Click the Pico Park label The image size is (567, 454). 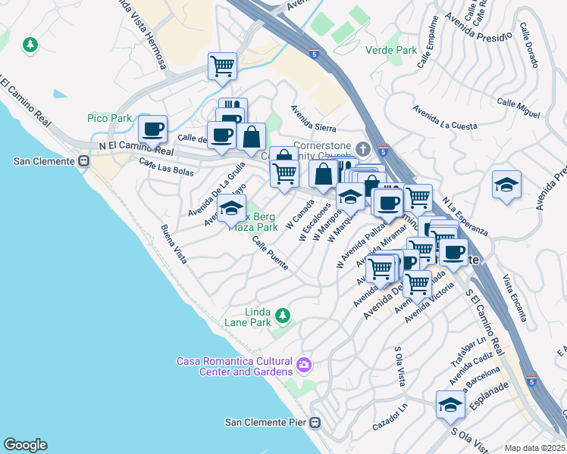coord(109,118)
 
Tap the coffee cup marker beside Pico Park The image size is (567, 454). coord(152,129)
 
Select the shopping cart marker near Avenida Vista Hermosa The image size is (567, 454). coord(222,66)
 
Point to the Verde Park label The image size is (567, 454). coord(391,50)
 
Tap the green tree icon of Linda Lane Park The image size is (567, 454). coord(282,314)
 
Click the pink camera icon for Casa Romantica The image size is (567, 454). coord(304,365)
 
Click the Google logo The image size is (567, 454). coord(25,445)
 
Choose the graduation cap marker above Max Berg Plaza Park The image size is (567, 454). coord(231,207)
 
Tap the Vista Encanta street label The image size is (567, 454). coord(515,298)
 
